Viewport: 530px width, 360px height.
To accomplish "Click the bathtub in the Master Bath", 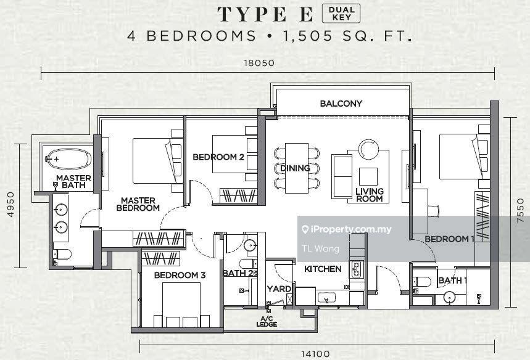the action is click(68, 158).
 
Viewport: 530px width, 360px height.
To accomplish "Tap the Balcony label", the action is click(341, 104).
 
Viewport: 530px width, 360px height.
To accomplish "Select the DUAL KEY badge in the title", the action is click(341, 14).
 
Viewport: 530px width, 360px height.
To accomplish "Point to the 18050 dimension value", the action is click(260, 63).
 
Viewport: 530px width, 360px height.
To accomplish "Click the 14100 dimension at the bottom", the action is click(315, 354).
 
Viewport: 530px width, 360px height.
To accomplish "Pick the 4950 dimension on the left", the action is click(11, 204).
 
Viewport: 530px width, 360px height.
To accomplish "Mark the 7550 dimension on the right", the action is click(521, 210).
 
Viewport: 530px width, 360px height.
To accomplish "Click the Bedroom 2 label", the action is click(218, 157).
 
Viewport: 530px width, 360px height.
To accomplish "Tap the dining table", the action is click(296, 168).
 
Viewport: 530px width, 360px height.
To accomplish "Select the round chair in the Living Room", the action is click(369, 149).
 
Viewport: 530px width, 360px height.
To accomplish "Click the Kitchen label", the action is click(323, 269).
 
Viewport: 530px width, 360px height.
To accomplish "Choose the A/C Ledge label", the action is click(267, 322).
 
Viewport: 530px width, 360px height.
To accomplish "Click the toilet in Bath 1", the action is click(421, 281).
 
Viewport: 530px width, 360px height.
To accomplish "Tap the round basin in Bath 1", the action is click(449, 298).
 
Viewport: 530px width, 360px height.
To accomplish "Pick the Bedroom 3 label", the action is click(180, 275).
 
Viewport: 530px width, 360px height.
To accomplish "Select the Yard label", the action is click(279, 289).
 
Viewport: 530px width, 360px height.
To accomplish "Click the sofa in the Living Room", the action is click(342, 177).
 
